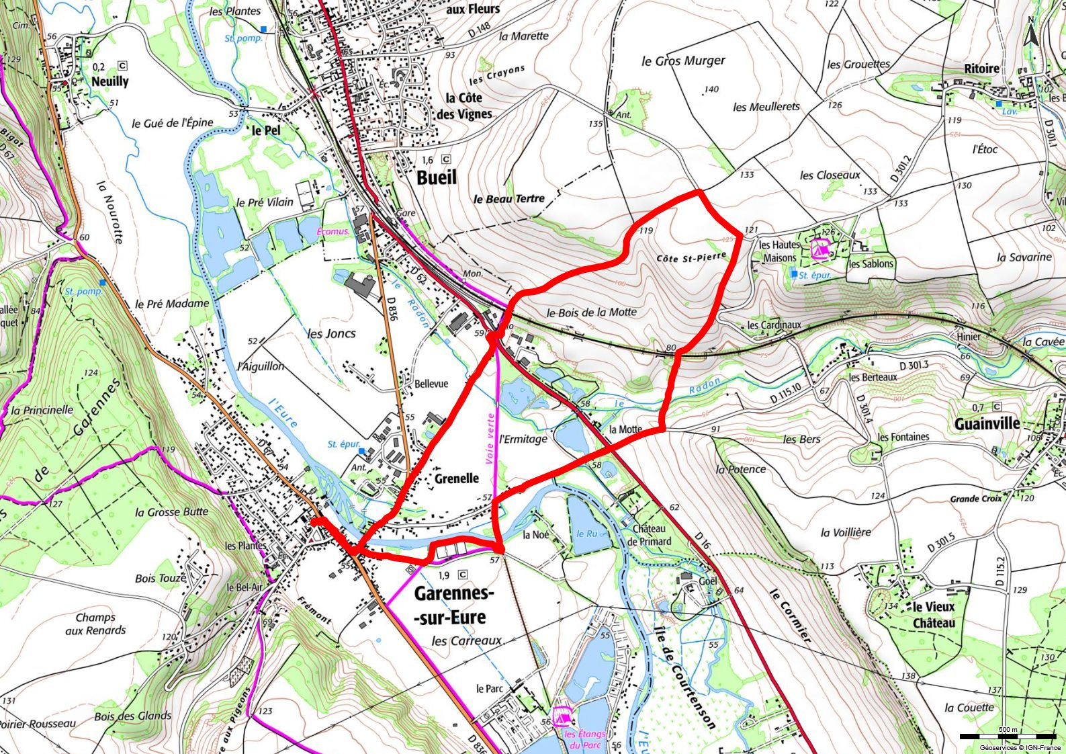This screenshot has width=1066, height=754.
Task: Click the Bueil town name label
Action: tap(437, 177)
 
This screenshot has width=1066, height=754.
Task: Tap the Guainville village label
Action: tap(987, 423)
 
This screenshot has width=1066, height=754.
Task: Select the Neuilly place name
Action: tap(109, 81)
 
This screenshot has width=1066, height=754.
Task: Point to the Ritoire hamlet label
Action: tap(981, 69)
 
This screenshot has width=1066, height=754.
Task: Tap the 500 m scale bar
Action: tap(1008, 737)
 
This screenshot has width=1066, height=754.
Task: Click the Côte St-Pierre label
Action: tap(691, 257)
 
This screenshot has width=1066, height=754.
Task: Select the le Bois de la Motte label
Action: tap(591, 312)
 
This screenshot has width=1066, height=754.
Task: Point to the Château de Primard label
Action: tap(649, 535)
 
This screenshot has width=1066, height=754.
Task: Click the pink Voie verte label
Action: tap(491, 438)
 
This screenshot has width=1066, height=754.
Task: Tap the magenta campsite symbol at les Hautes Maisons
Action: tap(819, 249)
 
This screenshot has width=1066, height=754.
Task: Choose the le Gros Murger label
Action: tap(683, 61)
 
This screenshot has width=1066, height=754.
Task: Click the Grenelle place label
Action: tap(457, 478)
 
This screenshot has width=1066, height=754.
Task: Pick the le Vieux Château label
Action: tap(933, 615)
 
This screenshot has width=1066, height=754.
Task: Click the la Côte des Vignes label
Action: tap(465, 106)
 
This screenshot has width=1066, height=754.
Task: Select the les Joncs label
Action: tap(331, 333)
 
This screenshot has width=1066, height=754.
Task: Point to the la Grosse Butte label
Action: tap(171, 512)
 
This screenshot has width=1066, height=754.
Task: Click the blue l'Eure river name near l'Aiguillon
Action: tap(283, 412)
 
